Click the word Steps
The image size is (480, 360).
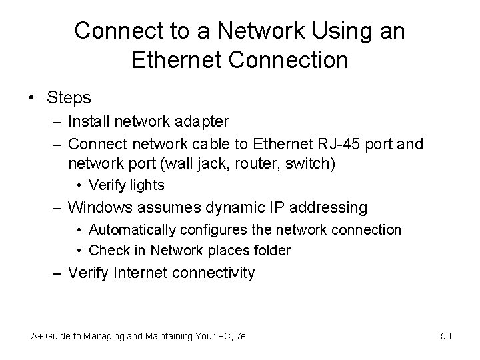[69, 98]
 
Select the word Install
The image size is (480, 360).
[90, 121]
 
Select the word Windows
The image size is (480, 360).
[101, 208]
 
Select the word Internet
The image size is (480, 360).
[144, 273]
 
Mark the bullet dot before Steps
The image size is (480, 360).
[33, 99]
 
